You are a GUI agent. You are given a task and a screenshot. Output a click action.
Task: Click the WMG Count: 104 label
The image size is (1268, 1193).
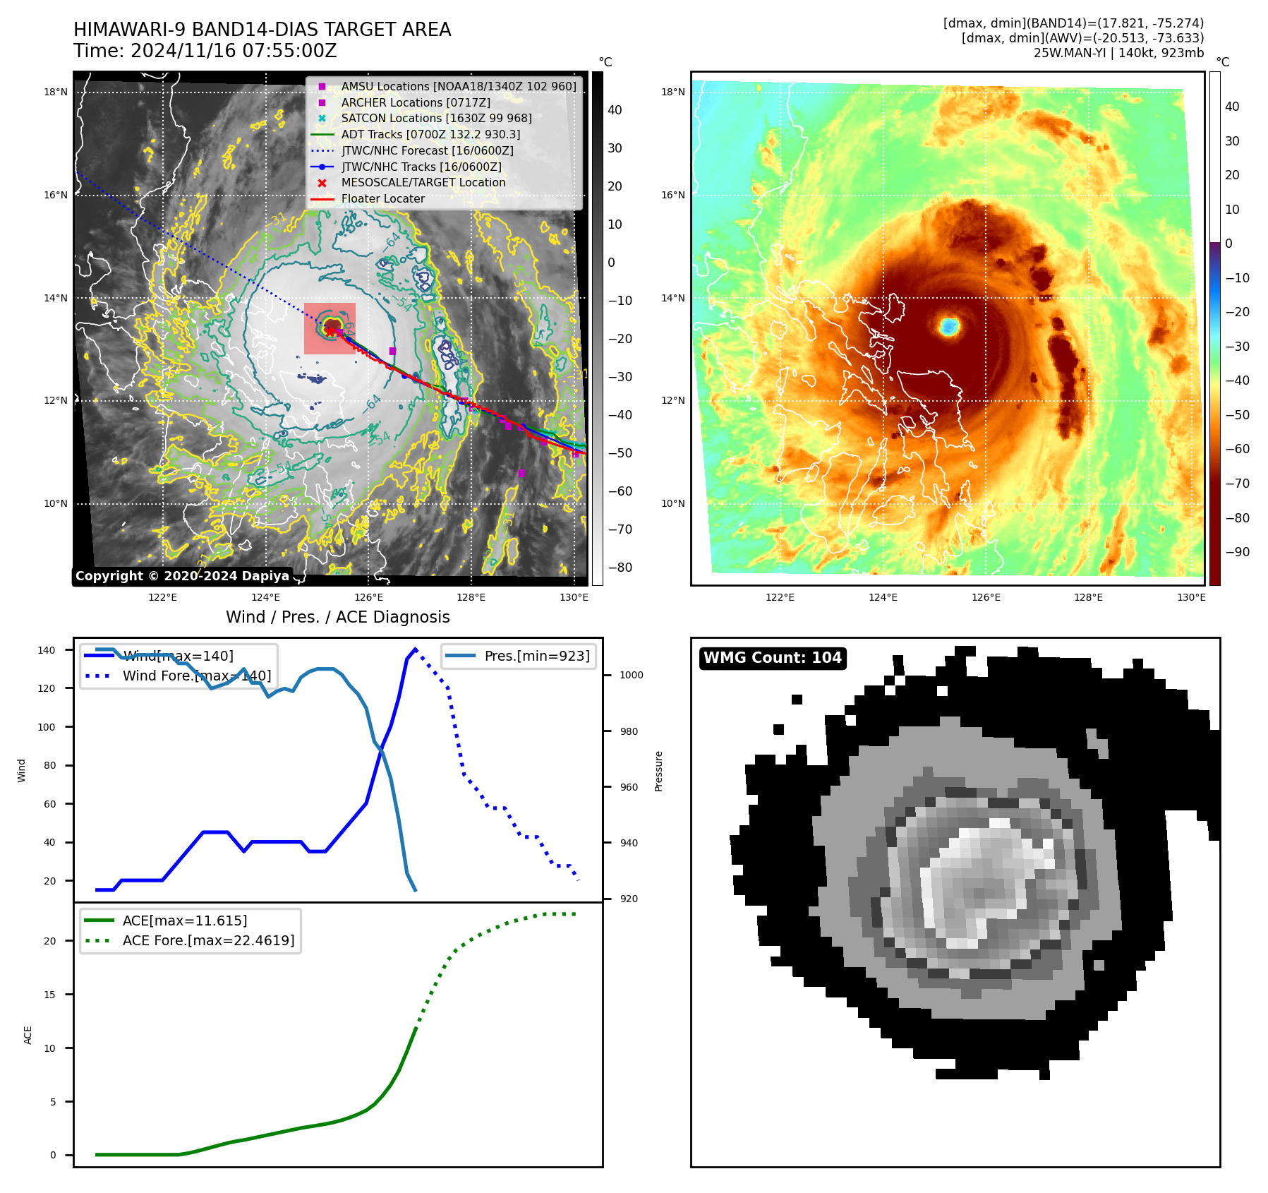[772, 658]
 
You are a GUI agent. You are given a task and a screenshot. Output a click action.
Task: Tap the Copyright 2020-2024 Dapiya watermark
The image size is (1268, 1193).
[182, 576]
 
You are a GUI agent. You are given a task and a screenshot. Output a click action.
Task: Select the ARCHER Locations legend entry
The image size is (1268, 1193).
[416, 102]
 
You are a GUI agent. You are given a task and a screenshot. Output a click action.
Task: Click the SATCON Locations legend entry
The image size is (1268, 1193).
[436, 119]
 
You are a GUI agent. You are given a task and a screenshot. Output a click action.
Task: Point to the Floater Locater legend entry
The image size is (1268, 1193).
[382, 199]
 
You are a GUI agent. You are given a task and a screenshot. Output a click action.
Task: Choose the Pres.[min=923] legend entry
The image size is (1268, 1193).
[536, 656]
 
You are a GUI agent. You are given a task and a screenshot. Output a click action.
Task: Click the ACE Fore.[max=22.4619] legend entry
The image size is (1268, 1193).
[208, 940]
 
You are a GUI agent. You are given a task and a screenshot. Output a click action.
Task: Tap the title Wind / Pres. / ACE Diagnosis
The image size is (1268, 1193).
[337, 617]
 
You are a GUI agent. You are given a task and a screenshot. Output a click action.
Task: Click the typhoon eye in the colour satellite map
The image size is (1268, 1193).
[949, 326]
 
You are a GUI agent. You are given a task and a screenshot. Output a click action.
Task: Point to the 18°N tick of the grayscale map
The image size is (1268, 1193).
[56, 92]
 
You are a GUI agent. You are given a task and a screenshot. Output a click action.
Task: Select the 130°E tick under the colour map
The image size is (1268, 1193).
[1191, 598]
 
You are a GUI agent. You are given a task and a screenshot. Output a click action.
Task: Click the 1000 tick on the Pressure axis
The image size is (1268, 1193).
[631, 676]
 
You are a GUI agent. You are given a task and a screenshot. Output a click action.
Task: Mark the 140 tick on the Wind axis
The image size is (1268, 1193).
[47, 650]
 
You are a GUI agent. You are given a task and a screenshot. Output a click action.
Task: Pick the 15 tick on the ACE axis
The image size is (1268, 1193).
[50, 995]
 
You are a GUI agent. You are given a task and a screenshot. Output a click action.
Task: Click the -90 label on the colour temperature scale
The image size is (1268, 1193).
[1237, 552]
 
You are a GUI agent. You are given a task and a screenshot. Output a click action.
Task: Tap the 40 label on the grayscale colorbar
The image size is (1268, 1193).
[615, 110]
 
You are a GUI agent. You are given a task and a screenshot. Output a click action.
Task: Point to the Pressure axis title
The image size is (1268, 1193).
[658, 771]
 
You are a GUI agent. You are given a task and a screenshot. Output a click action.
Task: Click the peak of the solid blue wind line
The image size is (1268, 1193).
[415, 649]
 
